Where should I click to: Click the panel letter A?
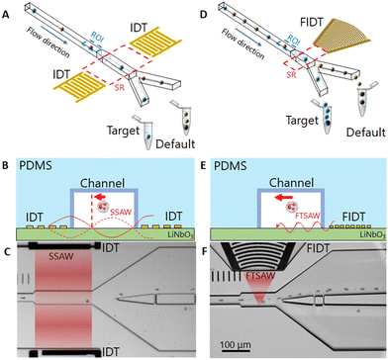pyautogui.click(x=5, y=15)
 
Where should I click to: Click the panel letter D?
pyautogui.click(x=205, y=15)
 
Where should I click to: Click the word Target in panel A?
pyautogui.click(x=123, y=131)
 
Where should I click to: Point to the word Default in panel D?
pyautogui.click(x=366, y=133)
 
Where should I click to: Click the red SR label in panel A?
pyautogui.click(x=119, y=87)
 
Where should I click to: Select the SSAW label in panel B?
pyautogui.click(x=123, y=211)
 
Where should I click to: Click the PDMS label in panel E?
pyautogui.click(x=231, y=165)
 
